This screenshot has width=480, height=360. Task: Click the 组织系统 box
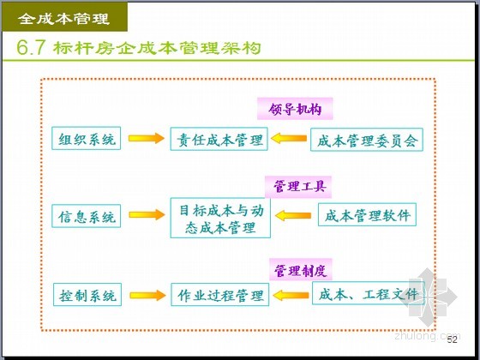(x=86, y=138)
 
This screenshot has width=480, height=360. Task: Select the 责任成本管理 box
(x=219, y=139)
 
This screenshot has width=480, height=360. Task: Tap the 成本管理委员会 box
(x=367, y=140)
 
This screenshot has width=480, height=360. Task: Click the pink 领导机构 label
(x=295, y=109)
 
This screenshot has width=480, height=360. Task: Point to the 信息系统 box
(x=86, y=216)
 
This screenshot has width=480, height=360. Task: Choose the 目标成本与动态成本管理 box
(x=220, y=218)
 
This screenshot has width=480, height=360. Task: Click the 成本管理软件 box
(x=367, y=215)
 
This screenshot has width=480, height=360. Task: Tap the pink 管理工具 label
(x=298, y=187)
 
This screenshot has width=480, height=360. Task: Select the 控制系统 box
(x=87, y=295)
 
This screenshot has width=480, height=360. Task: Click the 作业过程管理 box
(x=219, y=295)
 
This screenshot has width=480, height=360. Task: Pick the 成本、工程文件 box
(x=368, y=293)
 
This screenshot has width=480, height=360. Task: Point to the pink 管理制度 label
(x=301, y=270)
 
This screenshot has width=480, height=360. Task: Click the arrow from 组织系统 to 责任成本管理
(x=147, y=138)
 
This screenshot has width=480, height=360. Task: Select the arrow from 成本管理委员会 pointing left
(x=289, y=138)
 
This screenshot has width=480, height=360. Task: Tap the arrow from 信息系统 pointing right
(x=147, y=215)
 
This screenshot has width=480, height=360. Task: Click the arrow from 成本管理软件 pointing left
(x=293, y=215)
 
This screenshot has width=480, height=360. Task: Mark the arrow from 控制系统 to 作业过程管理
(x=147, y=296)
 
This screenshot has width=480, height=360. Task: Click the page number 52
(x=453, y=339)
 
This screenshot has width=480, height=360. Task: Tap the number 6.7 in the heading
(x=31, y=48)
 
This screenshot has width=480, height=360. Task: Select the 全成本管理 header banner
(x=65, y=17)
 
